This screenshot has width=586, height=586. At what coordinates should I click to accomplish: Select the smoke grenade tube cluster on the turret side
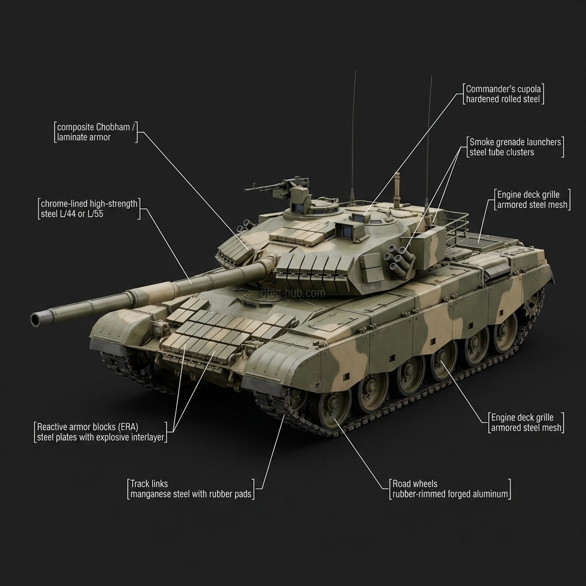[x=399, y=259]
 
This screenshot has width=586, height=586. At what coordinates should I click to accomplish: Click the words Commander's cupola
[x=503, y=89]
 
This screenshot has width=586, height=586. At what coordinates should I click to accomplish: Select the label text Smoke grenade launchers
[x=515, y=142]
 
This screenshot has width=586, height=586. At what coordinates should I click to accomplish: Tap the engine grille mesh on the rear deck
[x=481, y=241]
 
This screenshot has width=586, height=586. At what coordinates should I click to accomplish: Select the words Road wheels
[x=415, y=484]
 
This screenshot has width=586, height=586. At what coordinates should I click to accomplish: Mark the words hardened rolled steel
[x=504, y=100]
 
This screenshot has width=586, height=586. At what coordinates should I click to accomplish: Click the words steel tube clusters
[x=501, y=152]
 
